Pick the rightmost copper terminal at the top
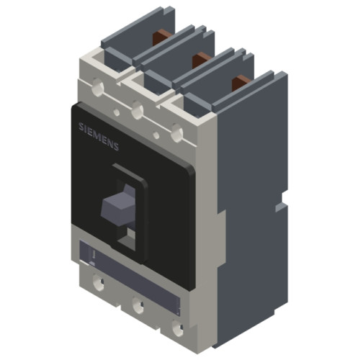[x=238, y=82]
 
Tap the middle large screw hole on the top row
[x=137, y=110]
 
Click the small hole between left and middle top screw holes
[x=117, y=112]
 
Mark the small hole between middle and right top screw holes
[x=156, y=135]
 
